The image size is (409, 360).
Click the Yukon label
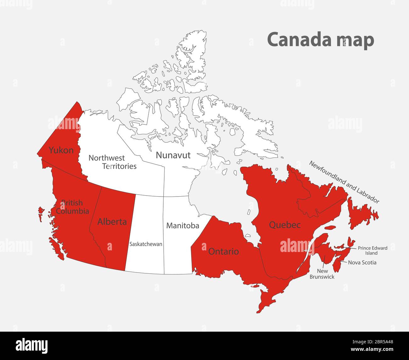pos(61,150)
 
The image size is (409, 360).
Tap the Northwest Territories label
pos(112,162)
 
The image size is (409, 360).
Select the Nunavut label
pos(173,155)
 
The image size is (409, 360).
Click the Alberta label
pos(112,222)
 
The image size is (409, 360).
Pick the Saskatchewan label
pos(146,244)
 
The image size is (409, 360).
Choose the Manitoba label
pos(182,226)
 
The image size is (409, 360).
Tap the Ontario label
pos(223,251)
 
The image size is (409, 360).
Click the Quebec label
pos(285,225)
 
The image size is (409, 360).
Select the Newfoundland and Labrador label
pos(344,182)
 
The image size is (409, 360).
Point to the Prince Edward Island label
pos(373,250)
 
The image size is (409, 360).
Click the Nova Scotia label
pos(362,262)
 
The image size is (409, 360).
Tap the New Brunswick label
pos(322,274)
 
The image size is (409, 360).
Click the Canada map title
pos(320,40)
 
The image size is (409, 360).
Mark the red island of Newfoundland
pos(362,214)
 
